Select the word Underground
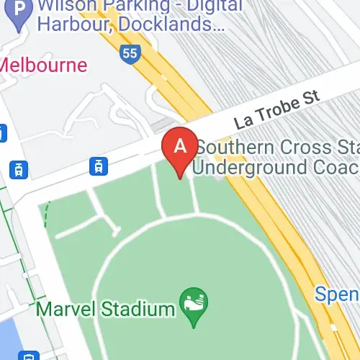point(258,168)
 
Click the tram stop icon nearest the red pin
point(96,166)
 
